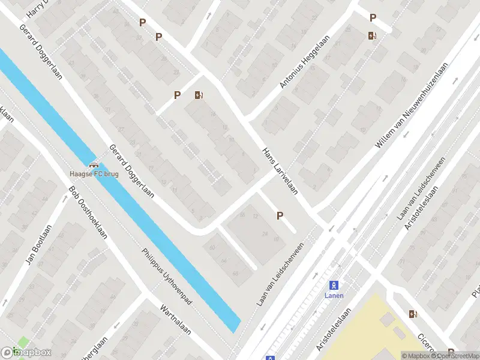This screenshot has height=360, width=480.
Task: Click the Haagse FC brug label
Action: tap(94, 174)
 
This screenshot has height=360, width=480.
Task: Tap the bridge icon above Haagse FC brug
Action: tap(94, 166)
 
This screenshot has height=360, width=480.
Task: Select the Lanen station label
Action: tap(334, 295)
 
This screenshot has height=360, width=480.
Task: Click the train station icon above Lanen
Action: tap(334, 286)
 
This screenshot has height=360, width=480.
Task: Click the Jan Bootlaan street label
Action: tap(38, 245)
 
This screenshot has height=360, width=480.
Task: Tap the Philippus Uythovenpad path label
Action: tap(167, 277)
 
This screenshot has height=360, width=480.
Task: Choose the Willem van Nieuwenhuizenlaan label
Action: tap(412, 108)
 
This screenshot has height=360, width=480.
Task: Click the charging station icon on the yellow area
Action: tap(413, 314)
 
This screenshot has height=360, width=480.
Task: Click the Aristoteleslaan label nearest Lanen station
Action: tap(333, 331)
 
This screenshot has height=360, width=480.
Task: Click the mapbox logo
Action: tap(26, 353)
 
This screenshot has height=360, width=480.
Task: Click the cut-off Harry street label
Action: tap(37, 8)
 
